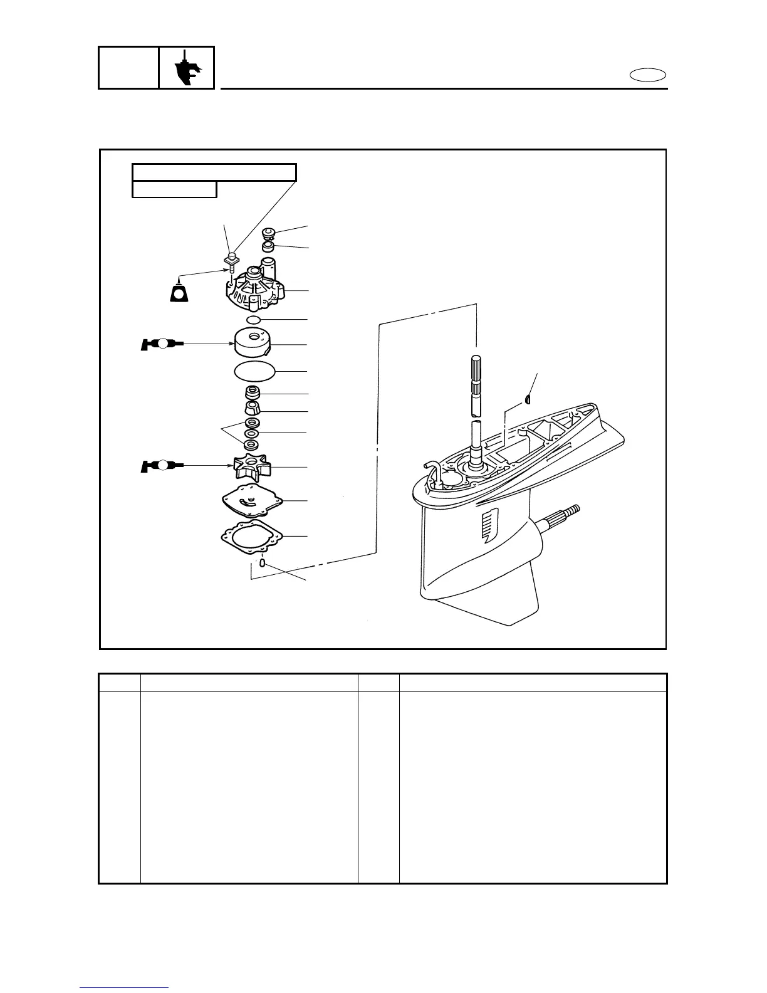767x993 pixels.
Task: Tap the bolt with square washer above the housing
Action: pos(231,258)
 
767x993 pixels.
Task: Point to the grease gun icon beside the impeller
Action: pos(162,466)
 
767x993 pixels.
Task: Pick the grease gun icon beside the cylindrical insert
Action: pos(162,344)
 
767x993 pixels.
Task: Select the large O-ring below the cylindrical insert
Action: pos(254,372)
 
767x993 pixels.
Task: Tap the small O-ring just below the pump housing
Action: pos(254,320)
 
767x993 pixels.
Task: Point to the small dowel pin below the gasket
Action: pos(263,563)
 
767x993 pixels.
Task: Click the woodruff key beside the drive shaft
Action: pos(528,398)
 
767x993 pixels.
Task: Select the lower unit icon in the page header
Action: pos(187,67)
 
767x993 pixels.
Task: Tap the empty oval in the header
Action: pos(648,76)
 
